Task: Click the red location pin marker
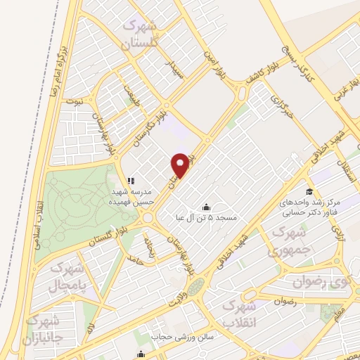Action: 180,165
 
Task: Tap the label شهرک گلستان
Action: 146,34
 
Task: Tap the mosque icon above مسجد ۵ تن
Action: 206,207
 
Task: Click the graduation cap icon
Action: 309,192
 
